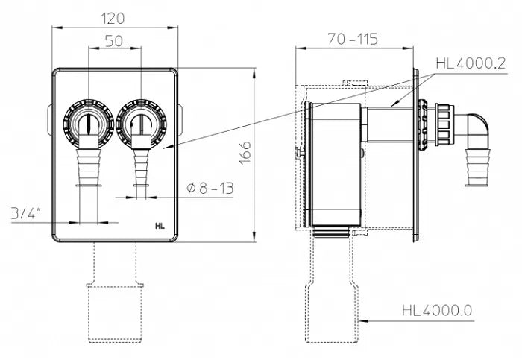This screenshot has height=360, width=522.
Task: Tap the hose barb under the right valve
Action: click(139, 168)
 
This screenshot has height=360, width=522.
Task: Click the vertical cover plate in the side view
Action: click(412, 157)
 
